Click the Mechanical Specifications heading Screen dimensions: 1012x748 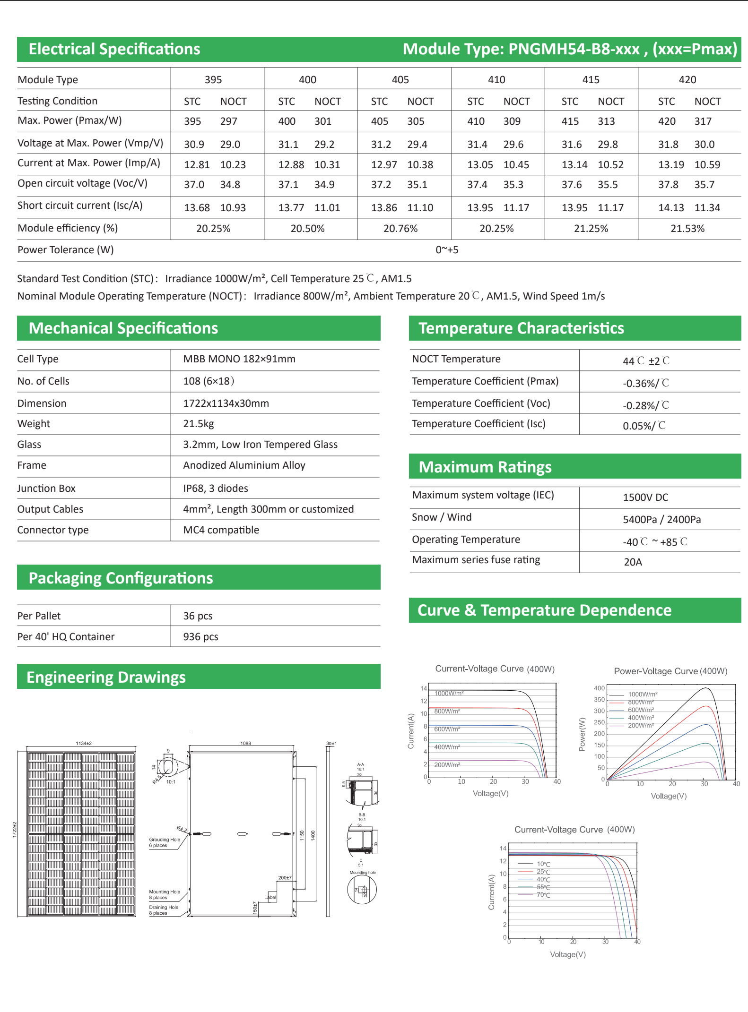click(123, 328)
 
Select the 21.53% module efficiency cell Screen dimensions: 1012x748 click(687, 229)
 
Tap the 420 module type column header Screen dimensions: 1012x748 click(687, 80)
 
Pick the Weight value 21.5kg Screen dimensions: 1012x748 click(199, 424)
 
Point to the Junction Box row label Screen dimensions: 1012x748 click(46, 489)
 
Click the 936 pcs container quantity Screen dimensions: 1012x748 click(200, 637)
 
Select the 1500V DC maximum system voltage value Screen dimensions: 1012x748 click(645, 497)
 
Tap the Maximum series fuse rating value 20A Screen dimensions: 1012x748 click(633, 562)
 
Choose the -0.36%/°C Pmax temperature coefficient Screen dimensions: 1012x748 click(645, 383)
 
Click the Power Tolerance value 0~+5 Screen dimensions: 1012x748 click(447, 250)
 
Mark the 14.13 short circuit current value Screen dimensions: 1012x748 click(671, 208)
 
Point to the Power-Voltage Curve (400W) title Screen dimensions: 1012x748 click(670, 671)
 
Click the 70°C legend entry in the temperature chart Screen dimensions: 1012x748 click(543, 895)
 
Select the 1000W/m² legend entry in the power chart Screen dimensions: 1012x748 click(642, 695)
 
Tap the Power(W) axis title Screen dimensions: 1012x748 click(582, 734)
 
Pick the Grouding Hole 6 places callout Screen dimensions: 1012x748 click(165, 842)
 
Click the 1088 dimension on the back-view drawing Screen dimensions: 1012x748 click(245, 743)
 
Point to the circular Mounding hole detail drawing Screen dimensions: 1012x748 click(362, 890)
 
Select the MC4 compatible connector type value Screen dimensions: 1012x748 click(221, 530)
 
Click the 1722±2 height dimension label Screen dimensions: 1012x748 click(15, 830)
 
